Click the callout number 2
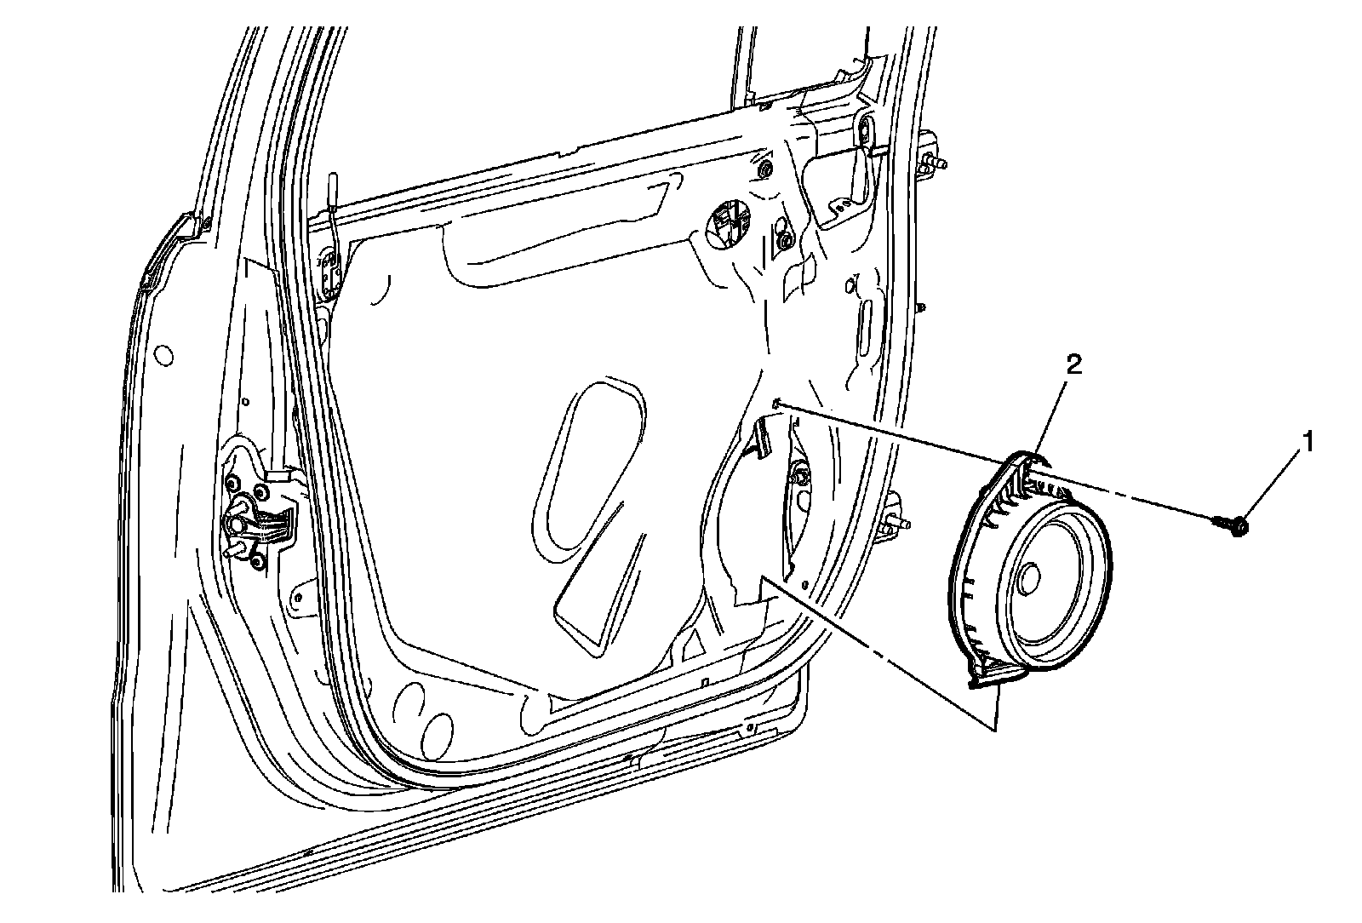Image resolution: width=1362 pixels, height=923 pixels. point(1074,365)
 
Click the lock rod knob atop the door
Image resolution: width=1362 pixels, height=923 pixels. point(335,182)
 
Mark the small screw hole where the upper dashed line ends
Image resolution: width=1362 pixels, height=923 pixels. point(776,403)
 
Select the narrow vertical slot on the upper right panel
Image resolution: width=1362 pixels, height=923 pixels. point(867,321)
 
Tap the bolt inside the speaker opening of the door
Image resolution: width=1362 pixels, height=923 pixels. point(800,474)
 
